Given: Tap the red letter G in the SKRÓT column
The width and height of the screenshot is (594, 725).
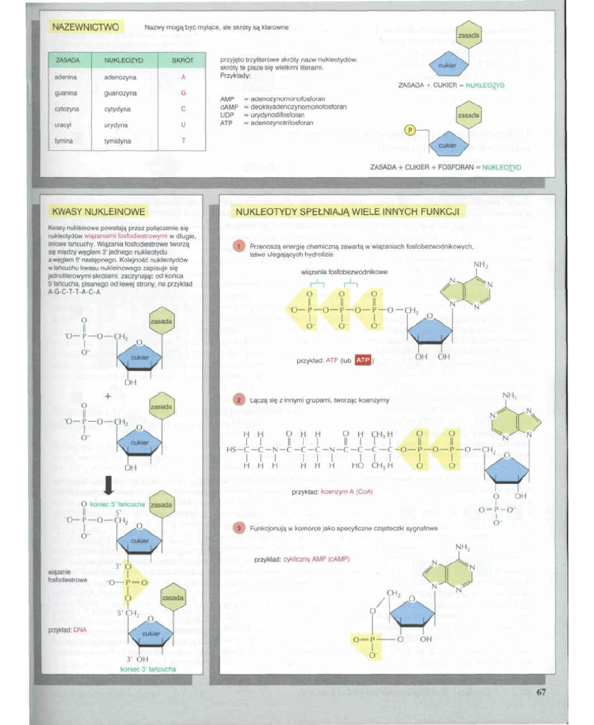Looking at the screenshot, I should click(x=183, y=93).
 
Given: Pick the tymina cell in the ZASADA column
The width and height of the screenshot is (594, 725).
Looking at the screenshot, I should click(x=65, y=140).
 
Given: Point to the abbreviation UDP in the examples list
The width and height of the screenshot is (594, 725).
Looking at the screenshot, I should click(x=227, y=115).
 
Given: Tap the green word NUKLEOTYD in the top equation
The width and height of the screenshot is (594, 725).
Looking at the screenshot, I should click(x=501, y=166).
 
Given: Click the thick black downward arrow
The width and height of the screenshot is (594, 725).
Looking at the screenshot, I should click(x=108, y=485).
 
